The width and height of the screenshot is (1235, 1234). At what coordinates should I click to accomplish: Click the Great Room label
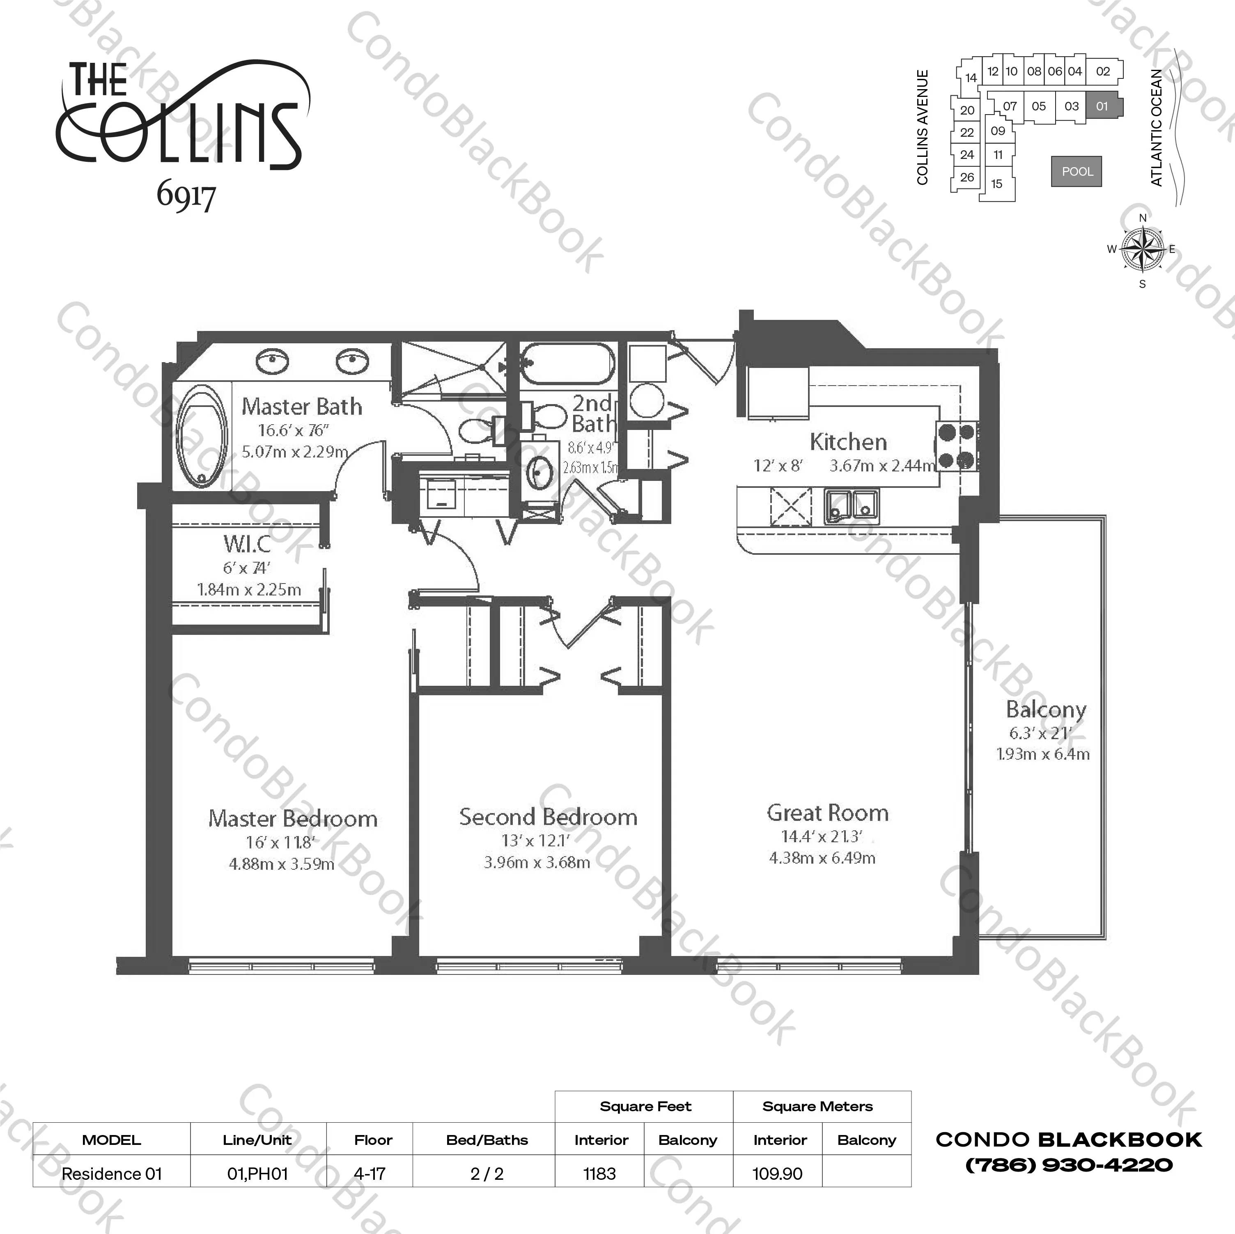(x=827, y=813)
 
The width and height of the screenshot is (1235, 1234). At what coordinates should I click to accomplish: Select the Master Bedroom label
(x=293, y=818)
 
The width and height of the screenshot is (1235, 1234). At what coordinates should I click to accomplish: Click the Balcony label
(x=1046, y=709)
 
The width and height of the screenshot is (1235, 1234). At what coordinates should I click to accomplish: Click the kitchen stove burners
(x=957, y=446)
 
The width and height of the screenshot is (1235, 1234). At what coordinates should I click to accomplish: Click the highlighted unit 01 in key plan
(x=1102, y=106)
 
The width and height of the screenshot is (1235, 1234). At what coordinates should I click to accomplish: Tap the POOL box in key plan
(x=1077, y=171)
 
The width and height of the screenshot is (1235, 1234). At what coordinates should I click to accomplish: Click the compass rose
(x=1142, y=249)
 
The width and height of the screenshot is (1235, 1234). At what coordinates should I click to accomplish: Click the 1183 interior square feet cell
(x=599, y=1174)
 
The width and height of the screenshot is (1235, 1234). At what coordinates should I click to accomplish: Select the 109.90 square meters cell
(x=777, y=1174)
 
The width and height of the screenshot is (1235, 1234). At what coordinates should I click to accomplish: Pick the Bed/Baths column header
(x=487, y=1140)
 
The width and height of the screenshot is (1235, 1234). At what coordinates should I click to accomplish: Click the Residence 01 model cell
(x=112, y=1174)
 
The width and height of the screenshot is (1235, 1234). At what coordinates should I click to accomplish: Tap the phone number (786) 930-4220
(x=1068, y=1165)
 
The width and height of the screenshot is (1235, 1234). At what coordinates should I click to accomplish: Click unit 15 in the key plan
(x=996, y=184)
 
